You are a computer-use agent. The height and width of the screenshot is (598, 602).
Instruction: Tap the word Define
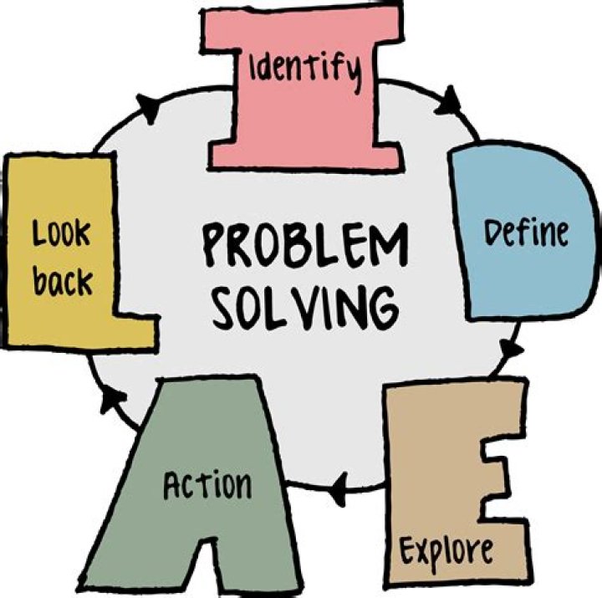(527, 232)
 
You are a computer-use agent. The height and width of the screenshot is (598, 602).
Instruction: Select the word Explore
(445, 550)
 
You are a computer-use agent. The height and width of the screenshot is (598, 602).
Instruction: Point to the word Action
(207, 485)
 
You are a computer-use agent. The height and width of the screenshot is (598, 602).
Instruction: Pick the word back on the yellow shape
(63, 283)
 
